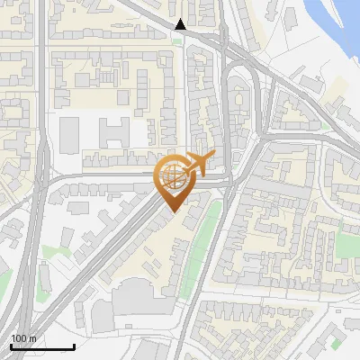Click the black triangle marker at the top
181,24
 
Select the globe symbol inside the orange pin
172,175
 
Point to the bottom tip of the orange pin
172,211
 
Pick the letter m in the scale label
32,338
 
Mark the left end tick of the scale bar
11,346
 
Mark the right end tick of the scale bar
74,346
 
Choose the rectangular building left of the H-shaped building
70,135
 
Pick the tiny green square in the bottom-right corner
336,343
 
